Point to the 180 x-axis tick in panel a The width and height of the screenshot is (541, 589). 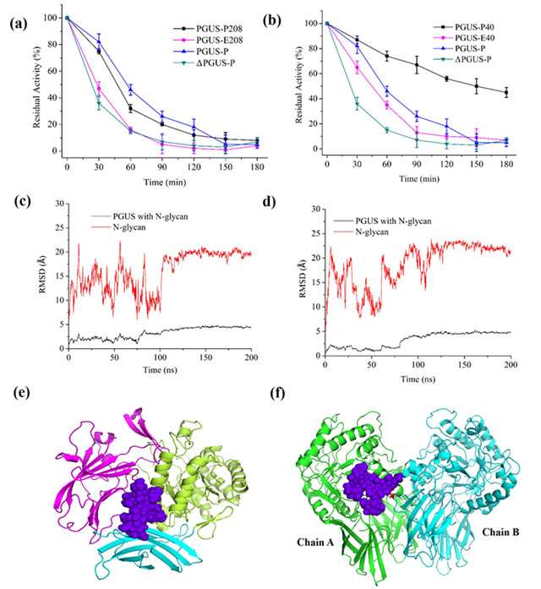[x=257, y=165]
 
